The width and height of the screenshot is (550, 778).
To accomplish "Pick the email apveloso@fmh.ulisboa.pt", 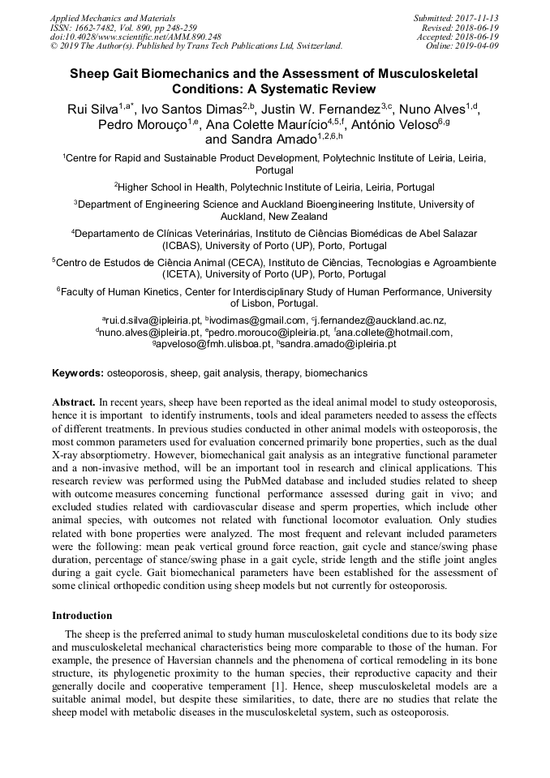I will (x=215, y=344).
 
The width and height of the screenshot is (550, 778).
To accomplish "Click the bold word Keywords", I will (x=77, y=373).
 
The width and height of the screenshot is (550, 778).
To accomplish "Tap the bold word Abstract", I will (x=74, y=402).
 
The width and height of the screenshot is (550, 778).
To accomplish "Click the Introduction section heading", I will (x=82, y=616).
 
